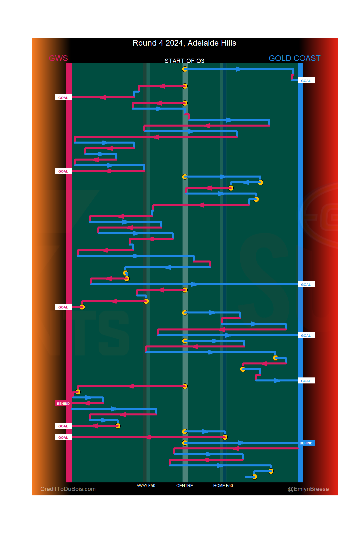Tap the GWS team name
pos(58,58)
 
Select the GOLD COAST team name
pos(294,58)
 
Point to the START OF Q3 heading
pos(184,61)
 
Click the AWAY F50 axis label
pos(146,486)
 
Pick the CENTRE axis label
pos(185,486)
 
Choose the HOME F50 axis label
pos(223,486)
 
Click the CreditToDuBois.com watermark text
pos(68,489)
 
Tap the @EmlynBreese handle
pos(308,489)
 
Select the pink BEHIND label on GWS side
pos(63,403)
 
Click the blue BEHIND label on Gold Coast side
pos(306,443)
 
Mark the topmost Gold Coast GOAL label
pos(306,81)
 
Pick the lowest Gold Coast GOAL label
pos(306,381)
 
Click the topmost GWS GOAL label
pos(63,98)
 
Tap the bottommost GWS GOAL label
pos(63,437)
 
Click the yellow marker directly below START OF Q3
pos(185,69)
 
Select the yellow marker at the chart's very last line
pos(254,477)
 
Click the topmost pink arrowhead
pos(162,86)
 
